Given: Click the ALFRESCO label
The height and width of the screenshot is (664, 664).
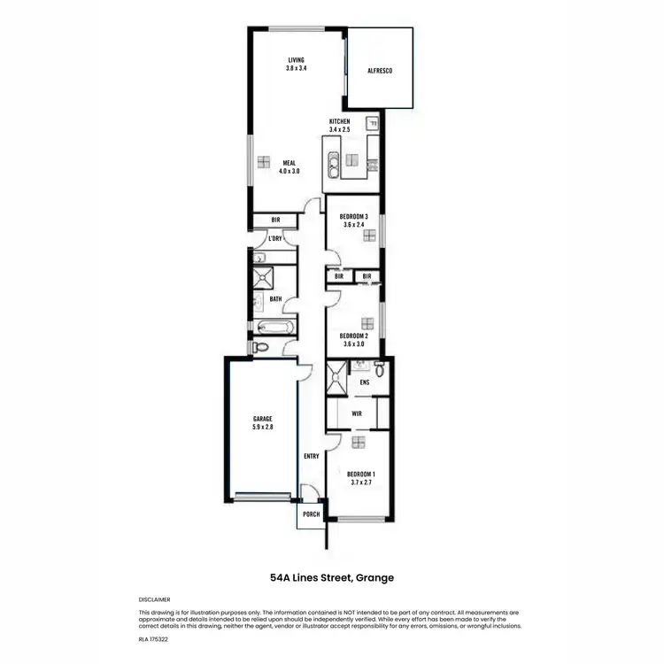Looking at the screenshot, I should pyautogui.click(x=379, y=69).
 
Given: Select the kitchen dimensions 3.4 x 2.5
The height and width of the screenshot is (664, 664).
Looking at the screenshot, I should pyautogui.click(x=340, y=130).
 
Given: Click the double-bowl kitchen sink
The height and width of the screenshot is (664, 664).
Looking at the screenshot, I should pyautogui.click(x=333, y=162).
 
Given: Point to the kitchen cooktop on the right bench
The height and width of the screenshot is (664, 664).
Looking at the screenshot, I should pyautogui.click(x=374, y=162).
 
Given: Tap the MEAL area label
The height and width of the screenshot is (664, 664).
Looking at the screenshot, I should pyautogui.click(x=289, y=163).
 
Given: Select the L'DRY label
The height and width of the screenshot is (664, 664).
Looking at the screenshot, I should pyautogui.click(x=275, y=239).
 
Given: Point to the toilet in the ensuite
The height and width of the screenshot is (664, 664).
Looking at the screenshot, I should pyautogui.click(x=379, y=368).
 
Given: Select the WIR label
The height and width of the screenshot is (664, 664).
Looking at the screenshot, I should pyautogui.click(x=357, y=413).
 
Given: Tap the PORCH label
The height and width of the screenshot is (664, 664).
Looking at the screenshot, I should pyautogui.click(x=311, y=514).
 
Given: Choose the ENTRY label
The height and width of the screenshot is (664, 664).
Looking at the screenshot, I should pyautogui.click(x=311, y=457).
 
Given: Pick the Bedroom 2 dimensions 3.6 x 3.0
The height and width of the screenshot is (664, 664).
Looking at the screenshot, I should pyautogui.click(x=353, y=344).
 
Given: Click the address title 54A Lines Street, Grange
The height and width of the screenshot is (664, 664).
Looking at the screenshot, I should pyautogui.click(x=332, y=577).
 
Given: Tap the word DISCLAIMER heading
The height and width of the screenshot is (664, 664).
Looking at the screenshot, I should pyautogui.click(x=155, y=599).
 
